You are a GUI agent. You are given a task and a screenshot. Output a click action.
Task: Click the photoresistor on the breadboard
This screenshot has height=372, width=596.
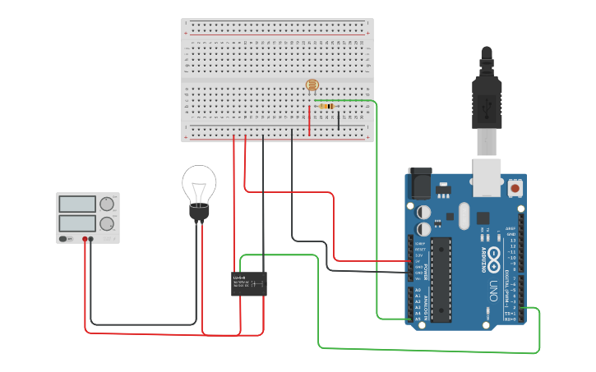click(x=312, y=85)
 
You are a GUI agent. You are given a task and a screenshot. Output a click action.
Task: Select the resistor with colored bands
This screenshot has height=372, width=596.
click(x=326, y=106)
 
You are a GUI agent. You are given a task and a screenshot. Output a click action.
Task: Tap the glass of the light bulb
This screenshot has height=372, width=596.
click(x=199, y=183)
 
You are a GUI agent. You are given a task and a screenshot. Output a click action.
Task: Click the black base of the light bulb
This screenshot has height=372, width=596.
click(x=199, y=213)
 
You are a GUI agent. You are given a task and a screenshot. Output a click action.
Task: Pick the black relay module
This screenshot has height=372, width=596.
click(x=249, y=283)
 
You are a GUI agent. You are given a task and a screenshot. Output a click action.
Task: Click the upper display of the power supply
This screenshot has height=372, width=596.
click(x=78, y=204)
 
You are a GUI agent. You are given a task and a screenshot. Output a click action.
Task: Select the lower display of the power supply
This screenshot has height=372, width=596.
click(x=78, y=223)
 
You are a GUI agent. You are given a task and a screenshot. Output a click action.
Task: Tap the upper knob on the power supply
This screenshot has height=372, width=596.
click(x=107, y=204)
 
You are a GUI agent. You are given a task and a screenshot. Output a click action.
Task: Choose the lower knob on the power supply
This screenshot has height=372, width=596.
click(x=107, y=223)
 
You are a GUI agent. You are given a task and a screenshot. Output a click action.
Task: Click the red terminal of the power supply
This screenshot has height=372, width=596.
click(x=85, y=239)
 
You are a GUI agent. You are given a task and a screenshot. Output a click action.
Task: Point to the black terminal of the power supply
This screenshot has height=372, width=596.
click(x=91, y=239)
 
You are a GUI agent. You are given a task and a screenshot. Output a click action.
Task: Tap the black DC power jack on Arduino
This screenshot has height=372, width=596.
click(x=420, y=184)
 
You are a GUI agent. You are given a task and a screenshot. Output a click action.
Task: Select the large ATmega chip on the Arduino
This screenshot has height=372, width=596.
click(x=441, y=279)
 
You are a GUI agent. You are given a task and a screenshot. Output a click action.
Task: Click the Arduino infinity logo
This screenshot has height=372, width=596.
click(x=493, y=255)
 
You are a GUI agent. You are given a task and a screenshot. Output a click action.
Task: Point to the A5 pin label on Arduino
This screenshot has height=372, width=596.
click(x=418, y=319)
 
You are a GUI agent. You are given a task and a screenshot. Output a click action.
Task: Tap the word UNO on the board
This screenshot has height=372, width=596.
click(x=493, y=289)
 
